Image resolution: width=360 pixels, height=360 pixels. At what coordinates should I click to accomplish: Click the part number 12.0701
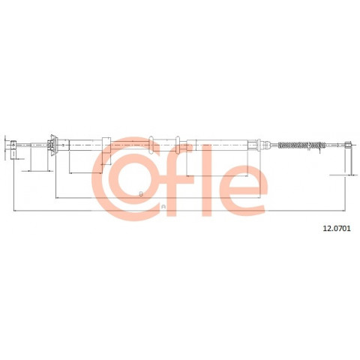tap(337, 228)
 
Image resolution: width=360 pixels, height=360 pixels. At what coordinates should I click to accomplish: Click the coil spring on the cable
tap(301, 145)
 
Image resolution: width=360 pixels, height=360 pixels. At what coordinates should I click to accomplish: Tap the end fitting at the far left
tap(13, 150)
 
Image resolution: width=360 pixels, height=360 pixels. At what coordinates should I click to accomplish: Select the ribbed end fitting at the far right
tap(348, 145)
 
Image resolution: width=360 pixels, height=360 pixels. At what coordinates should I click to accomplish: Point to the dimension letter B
tap(141, 193)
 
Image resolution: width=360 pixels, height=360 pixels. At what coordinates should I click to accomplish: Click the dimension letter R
tap(163, 207)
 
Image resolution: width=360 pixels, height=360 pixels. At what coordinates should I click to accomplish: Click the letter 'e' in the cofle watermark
tap(238, 190)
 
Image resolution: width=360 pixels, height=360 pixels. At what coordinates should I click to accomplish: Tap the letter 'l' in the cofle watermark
tap(206, 180)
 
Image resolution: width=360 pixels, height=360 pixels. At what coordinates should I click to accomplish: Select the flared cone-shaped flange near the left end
tap(53, 145)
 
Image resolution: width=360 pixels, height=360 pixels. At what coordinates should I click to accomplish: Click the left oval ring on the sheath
tap(151, 145)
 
